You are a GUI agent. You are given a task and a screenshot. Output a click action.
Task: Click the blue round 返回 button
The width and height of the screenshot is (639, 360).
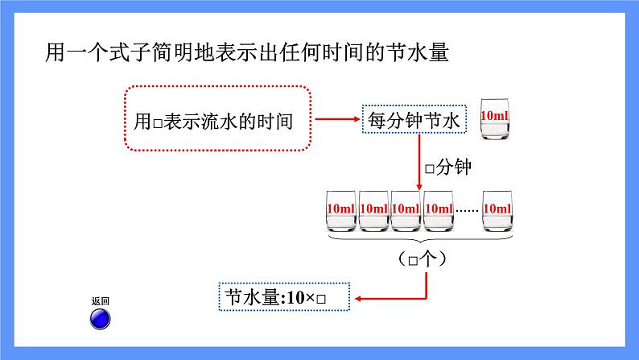[100, 318]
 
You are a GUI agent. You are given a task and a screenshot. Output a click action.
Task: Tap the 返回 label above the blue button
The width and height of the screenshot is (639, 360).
[101, 301]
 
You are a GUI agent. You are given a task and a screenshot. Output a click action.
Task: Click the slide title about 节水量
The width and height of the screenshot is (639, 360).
[247, 52]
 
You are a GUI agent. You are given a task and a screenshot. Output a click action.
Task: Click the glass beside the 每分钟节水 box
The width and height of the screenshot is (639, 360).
[495, 118]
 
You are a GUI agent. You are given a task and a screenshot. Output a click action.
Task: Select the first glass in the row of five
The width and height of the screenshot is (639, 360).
[341, 211]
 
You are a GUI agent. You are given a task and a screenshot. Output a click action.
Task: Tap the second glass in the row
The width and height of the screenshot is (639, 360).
[373, 211]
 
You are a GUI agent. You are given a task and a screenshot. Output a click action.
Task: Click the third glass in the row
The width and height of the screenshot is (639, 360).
[406, 211]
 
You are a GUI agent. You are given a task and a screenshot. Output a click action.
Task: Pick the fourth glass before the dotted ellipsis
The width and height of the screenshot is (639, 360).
[439, 211]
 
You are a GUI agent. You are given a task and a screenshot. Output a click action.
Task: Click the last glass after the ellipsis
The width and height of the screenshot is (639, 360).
[497, 211]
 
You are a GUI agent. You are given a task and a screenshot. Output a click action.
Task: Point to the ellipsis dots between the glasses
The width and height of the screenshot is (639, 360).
[468, 211]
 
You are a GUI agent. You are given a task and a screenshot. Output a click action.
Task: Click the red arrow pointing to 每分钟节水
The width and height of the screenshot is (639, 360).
[337, 119]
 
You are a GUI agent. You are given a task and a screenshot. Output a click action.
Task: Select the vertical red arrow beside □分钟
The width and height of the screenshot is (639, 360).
[419, 162]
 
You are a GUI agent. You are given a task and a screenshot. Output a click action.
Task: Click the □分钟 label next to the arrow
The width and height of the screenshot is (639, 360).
[448, 167]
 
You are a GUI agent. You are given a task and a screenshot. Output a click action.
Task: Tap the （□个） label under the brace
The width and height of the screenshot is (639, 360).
[423, 259]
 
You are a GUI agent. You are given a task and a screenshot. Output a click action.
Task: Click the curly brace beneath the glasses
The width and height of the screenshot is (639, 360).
[420, 238]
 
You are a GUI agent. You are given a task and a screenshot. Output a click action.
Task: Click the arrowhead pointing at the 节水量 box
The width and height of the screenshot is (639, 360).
[358, 299]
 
